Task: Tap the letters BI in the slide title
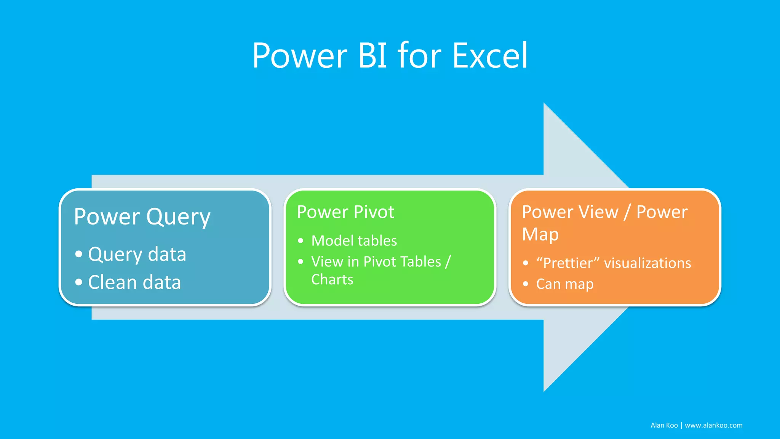[x=372, y=56]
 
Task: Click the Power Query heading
[x=142, y=217]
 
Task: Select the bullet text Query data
[x=137, y=254]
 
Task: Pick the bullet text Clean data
[x=134, y=282]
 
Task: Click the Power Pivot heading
[x=345, y=212]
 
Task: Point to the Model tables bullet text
[x=354, y=241]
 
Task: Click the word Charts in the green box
[x=332, y=280]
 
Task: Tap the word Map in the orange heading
[x=540, y=234]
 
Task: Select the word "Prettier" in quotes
[x=568, y=263]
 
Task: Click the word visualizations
[x=647, y=263]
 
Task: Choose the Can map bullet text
[x=565, y=284]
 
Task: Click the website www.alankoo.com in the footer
[x=713, y=425]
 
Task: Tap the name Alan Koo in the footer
[x=664, y=425]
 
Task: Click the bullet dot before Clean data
[x=79, y=282]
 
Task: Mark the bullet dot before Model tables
[x=301, y=241]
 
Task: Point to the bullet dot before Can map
[x=526, y=284]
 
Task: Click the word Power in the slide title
[x=300, y=56]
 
